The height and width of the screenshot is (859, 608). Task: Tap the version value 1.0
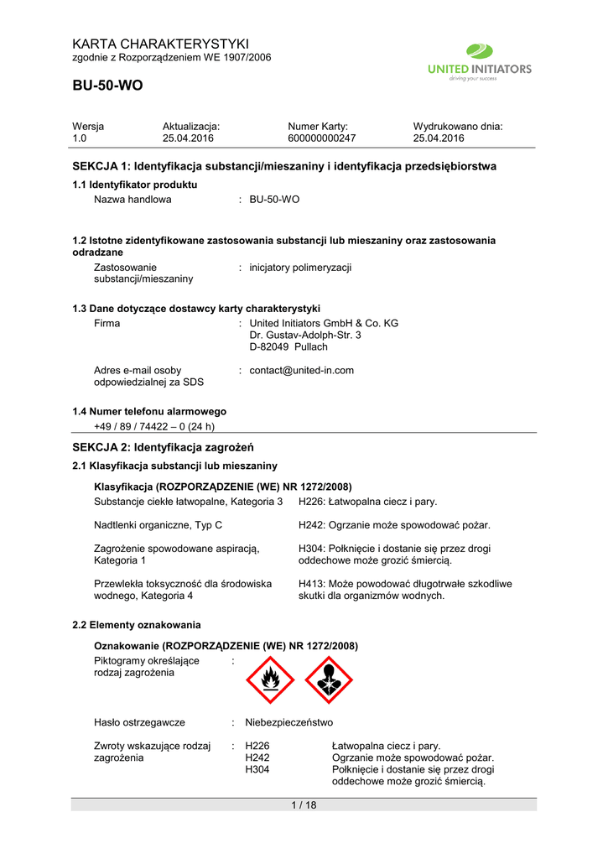tap(80, 138)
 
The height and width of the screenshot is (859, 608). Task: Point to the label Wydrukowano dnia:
tap(457, 126)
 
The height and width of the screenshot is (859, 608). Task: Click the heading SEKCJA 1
tap(284, 166)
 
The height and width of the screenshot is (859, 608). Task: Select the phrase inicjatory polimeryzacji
tap(300, 267)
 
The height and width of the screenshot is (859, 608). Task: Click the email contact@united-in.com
tap(302, 370)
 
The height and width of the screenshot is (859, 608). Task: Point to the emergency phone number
tap(154, 425)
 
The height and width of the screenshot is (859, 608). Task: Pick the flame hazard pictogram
tap(269, 679)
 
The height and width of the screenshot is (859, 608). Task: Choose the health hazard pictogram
tap(329, 679)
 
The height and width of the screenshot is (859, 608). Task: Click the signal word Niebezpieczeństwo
tap(288, 721)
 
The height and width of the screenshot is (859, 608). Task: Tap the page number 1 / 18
tap(304, 805)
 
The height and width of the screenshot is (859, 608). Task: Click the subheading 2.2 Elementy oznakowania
tap(137, 625)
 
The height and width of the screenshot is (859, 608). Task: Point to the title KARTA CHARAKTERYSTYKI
tap(160, 44)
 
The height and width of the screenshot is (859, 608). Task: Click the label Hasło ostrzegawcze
tap(139, 721)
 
